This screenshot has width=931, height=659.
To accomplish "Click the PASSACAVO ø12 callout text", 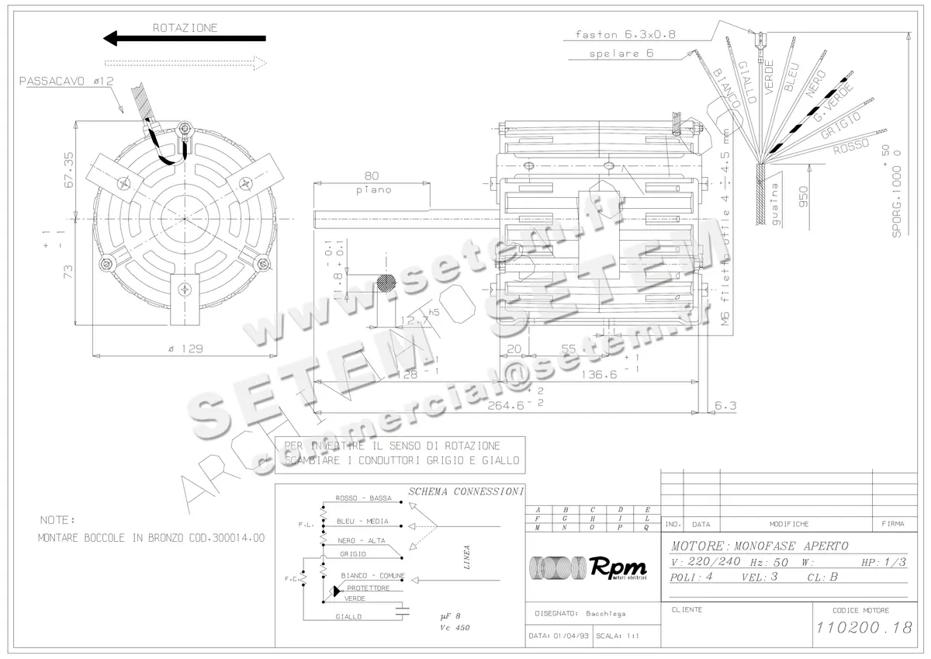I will click(67, 81).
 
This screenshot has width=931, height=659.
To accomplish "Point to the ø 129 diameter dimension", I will click(185, 349).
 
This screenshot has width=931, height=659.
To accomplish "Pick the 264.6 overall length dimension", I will click(508, 404).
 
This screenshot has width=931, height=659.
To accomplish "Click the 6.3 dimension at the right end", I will click(725, 405).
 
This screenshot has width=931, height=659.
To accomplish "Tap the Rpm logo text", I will click(618, 567).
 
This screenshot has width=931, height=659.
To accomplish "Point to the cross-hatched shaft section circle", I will click(386, 286).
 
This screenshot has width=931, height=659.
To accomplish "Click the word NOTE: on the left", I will click(57, 519).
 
